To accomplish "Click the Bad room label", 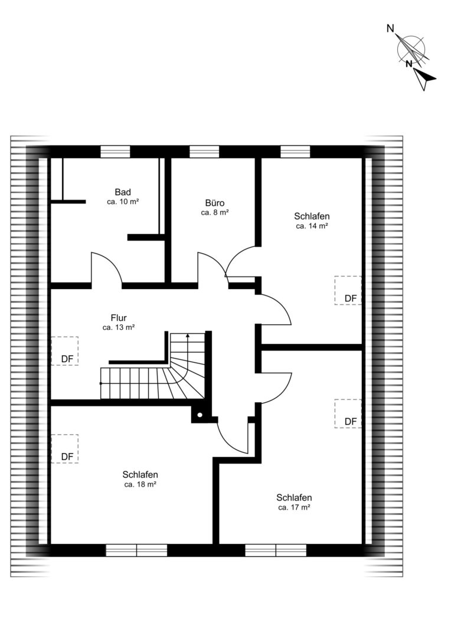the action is [123, 192].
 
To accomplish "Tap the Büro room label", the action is [215, 203].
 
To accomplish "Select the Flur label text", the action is [119, 318].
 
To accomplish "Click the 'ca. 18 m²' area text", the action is [140, 484].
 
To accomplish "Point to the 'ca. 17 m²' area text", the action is [295, 507].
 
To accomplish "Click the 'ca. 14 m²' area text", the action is [312, 226].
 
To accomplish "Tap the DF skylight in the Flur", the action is [65, 351].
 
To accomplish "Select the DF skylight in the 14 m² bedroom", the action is [348, 290].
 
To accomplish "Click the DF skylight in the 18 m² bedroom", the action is [65, 449].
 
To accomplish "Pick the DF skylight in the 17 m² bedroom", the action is [348, 413].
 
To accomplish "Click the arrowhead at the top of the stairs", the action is [188, 336].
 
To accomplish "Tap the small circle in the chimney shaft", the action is [200, 415].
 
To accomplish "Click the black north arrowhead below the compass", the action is [424, 78].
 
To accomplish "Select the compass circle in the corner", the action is [411, 50].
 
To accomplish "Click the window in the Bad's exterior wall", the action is [116, 152].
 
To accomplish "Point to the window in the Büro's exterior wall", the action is [205, 152].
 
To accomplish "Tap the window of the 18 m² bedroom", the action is [136, 550].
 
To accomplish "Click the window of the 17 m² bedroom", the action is [276, 550].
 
